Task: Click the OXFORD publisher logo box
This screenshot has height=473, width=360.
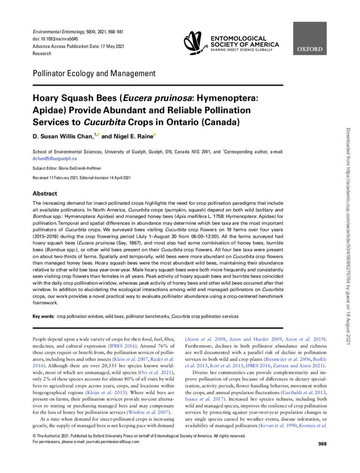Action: (x=310, y=39)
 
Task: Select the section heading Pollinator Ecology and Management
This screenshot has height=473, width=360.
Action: (x=94, y=73)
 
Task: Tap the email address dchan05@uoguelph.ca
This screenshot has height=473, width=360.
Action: (x=55, y=158)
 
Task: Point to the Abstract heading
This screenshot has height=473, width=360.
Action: (x=45, y=194)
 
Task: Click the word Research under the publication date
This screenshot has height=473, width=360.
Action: (x=42, y=54)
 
